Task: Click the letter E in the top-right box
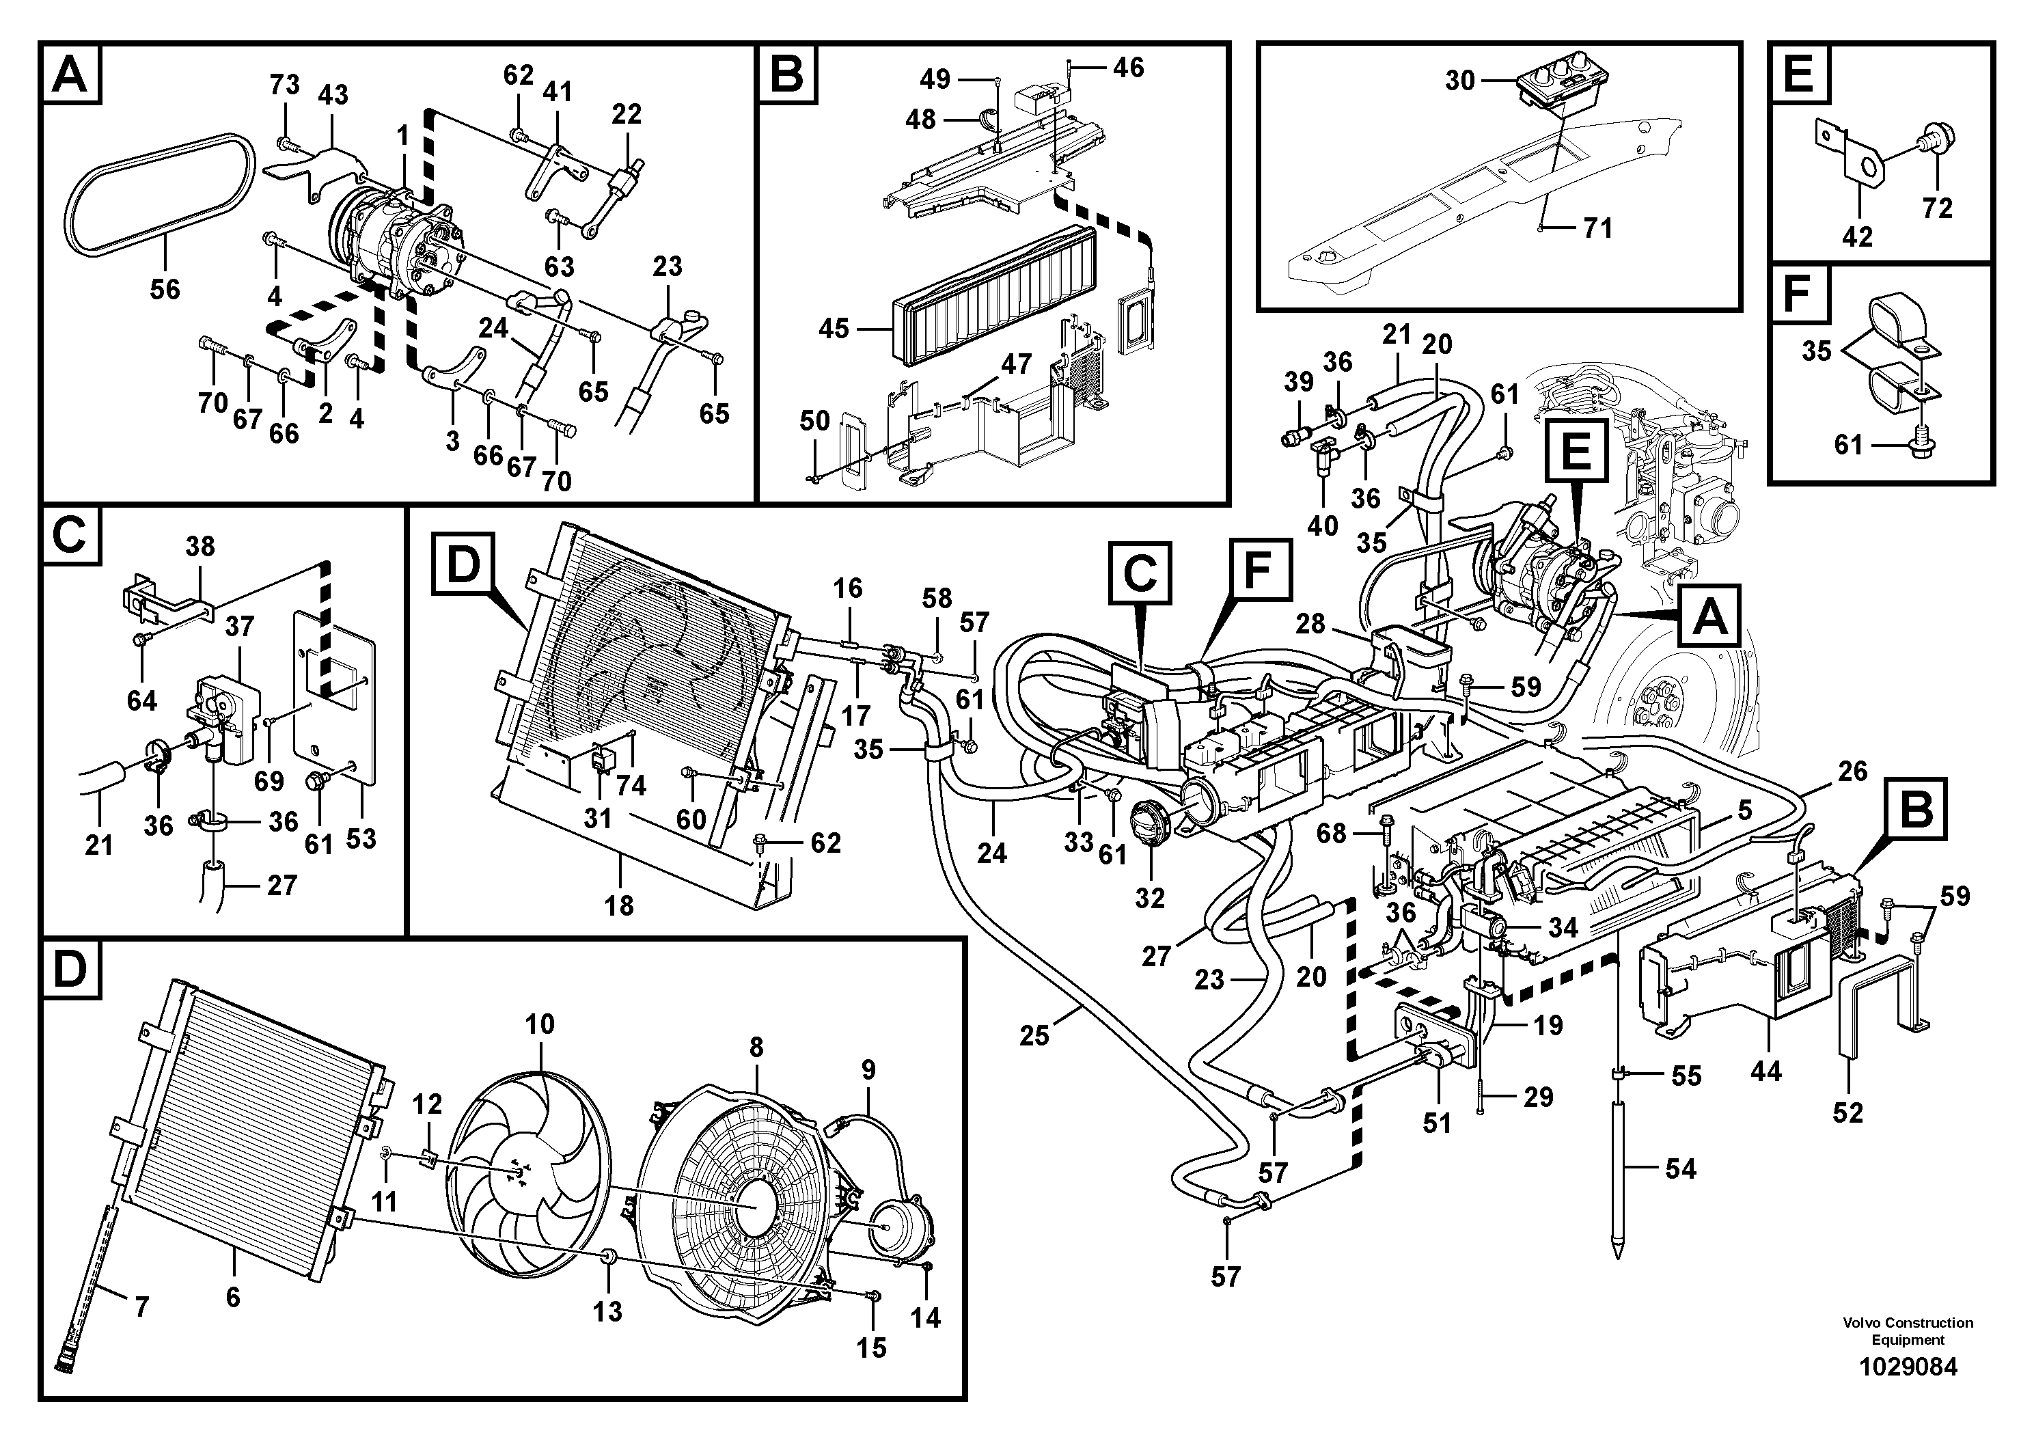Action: pos(1798,74)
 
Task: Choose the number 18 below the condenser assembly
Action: pos(619,905)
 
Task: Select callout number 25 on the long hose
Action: pos(1034,1035)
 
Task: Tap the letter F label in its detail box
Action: pos(1797,295)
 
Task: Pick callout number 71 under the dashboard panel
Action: pos(1598,229)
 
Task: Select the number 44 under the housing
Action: pos(1765,1071)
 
